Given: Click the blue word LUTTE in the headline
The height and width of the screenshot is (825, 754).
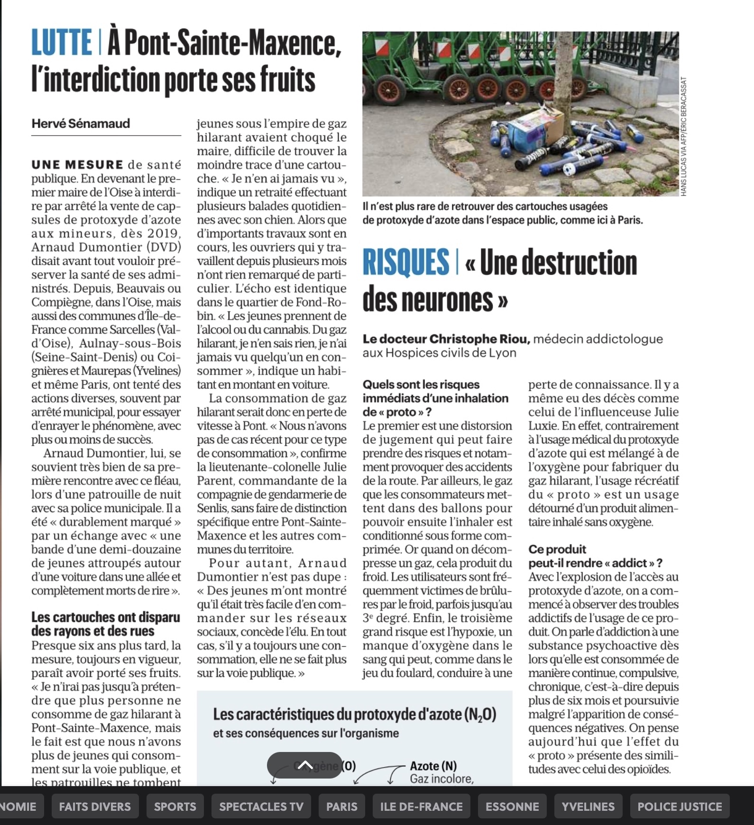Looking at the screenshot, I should [62, 42].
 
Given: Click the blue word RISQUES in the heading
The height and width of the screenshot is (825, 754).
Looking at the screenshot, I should [405, 262].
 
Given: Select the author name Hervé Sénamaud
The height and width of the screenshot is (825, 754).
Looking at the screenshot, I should [81, 124].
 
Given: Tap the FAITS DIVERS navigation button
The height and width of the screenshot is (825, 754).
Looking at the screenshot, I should [95, 807].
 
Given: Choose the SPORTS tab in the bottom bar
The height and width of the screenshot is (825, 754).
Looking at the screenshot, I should [175, 807].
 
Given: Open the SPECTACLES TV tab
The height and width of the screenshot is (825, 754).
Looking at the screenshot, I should [261, 807].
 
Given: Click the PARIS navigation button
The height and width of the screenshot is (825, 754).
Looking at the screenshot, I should [342, 807].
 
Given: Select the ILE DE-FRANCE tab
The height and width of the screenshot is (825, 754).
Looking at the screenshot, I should [421, 807].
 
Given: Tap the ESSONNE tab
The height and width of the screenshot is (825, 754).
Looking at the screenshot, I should [512, 807].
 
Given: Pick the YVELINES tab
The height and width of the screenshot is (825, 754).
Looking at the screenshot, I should [588, 807].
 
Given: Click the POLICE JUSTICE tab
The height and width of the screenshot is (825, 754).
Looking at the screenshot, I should [680, 807].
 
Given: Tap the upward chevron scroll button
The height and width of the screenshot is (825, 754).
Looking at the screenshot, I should [305, 765].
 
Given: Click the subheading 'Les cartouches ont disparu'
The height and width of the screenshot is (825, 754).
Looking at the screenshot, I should [106, 617].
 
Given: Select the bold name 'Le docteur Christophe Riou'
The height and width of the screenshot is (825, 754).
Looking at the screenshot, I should [446, 339].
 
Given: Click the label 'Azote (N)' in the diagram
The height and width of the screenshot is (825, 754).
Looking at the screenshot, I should [433, 766].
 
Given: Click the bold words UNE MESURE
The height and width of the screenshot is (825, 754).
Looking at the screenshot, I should [77, 165].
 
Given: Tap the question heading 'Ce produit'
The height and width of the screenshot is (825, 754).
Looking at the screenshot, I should [557, 549].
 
